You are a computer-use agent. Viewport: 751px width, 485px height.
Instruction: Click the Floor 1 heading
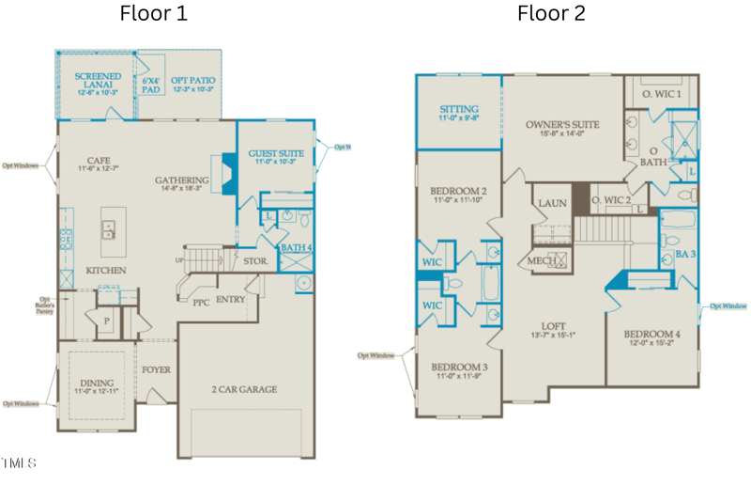153,14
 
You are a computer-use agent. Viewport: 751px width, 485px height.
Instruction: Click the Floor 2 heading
551,14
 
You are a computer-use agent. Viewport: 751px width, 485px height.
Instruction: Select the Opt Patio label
192,84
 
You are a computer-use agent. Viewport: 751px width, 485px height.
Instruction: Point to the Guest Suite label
275,157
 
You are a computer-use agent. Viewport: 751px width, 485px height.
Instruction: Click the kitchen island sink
110,227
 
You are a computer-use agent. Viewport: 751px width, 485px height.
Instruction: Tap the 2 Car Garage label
243,389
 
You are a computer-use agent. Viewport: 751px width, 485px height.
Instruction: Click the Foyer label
157,369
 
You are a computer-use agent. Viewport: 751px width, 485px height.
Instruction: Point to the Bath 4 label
296,248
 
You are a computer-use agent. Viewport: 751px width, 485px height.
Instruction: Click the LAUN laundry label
550,203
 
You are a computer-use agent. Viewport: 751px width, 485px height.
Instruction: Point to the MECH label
542,260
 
